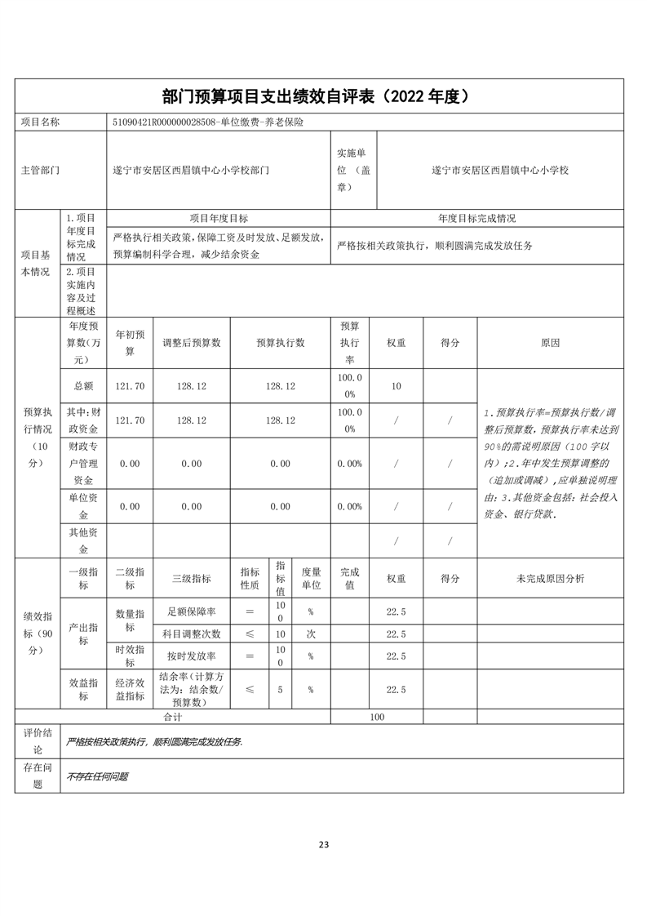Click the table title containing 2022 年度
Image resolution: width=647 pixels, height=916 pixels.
pos(323,96)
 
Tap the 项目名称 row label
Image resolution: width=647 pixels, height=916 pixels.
pos(40,122)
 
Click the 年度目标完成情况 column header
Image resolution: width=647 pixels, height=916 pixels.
pos(476,219)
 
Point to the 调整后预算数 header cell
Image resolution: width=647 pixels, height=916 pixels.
pos(192,343)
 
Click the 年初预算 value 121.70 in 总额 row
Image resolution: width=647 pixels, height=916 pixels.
pos(130,385)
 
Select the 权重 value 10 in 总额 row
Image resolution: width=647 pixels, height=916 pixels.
pos(396,385)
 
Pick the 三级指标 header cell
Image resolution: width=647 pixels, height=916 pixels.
pos(192,578)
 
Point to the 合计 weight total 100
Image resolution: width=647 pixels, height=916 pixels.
pos(376,717)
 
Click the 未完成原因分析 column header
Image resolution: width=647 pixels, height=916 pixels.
pos(550,578)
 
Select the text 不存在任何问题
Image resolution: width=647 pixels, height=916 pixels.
pos(98,776)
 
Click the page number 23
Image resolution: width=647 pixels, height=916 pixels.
pos(324,844)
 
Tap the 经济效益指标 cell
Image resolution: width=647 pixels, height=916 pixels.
pos(130,690)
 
